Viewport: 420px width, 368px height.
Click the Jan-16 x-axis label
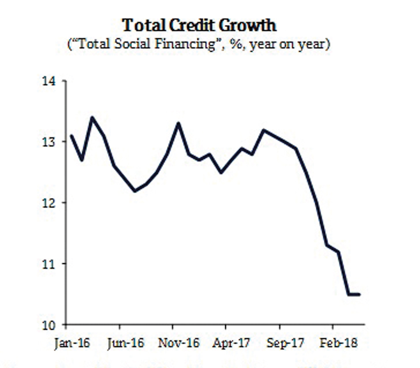tap(71, 343)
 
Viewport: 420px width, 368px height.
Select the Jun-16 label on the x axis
tap(126, 343)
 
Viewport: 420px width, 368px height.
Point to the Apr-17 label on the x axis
tap(231, 343)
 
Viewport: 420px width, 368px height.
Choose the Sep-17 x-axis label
tap(285, 343)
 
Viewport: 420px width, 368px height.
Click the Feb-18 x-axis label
tap(338, 343)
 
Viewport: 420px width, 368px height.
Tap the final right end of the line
tap(359, 294)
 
